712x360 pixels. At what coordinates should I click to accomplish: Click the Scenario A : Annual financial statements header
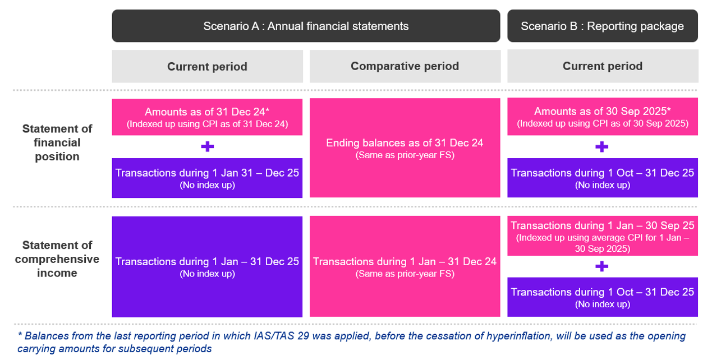(306, 26)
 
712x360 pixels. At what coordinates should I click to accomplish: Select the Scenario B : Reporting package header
(602, 26)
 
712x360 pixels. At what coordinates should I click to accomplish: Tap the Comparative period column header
(405, 66)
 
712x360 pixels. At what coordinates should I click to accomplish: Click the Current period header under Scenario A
(207, 67)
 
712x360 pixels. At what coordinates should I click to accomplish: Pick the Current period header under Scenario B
(602, 66)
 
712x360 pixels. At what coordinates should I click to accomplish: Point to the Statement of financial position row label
(57, 142)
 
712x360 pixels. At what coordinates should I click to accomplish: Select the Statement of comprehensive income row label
(57, 259)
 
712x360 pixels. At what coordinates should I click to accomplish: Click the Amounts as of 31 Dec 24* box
(207, 117)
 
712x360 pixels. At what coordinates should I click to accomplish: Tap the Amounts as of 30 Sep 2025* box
(602, 117)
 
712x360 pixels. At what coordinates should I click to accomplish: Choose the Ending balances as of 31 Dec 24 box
(405, 148)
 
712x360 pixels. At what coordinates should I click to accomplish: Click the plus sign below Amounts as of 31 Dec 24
(207, 147)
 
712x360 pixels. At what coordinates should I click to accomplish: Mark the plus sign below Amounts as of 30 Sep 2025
(602, 147)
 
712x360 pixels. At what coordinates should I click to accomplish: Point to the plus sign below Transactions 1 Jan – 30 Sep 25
(602, 266)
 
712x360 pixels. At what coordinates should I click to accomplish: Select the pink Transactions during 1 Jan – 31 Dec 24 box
(405, 267)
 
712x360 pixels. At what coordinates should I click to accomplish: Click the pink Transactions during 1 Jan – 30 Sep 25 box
(602, 236)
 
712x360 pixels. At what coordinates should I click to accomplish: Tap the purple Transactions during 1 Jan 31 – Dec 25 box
(207, 178)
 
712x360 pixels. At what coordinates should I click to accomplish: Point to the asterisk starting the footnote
(20, 336)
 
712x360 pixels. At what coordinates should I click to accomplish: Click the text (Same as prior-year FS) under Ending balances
(405, 155)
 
